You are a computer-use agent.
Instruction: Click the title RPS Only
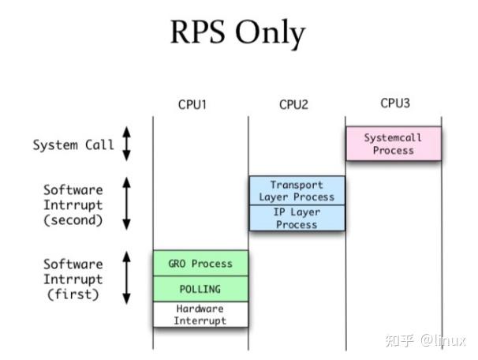tap(238, 32)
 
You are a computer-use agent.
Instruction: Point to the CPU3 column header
tap(395, 103)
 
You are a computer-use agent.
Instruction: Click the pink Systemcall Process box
tap(393, 144)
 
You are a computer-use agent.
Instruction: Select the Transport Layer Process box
tap(297, 190)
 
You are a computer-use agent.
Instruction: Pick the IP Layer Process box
tap(297, 218)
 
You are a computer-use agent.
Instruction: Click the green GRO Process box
tap(200, 263)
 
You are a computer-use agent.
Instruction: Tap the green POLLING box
tap(200, 289)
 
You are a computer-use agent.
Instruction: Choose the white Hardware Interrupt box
tap(200, 314)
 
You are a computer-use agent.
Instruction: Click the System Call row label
tap(73, 145)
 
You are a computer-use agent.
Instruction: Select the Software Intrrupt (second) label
tap(73, 205)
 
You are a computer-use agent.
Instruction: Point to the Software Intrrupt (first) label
tap(73, 279)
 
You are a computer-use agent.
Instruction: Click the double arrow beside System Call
tap(126, 144)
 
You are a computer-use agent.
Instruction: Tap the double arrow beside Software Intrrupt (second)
tap(126, 204)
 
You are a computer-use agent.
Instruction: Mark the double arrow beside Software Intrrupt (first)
tap(126, 278)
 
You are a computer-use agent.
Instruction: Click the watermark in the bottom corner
tap(425, 340)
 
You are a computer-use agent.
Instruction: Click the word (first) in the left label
tap(73, 295)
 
